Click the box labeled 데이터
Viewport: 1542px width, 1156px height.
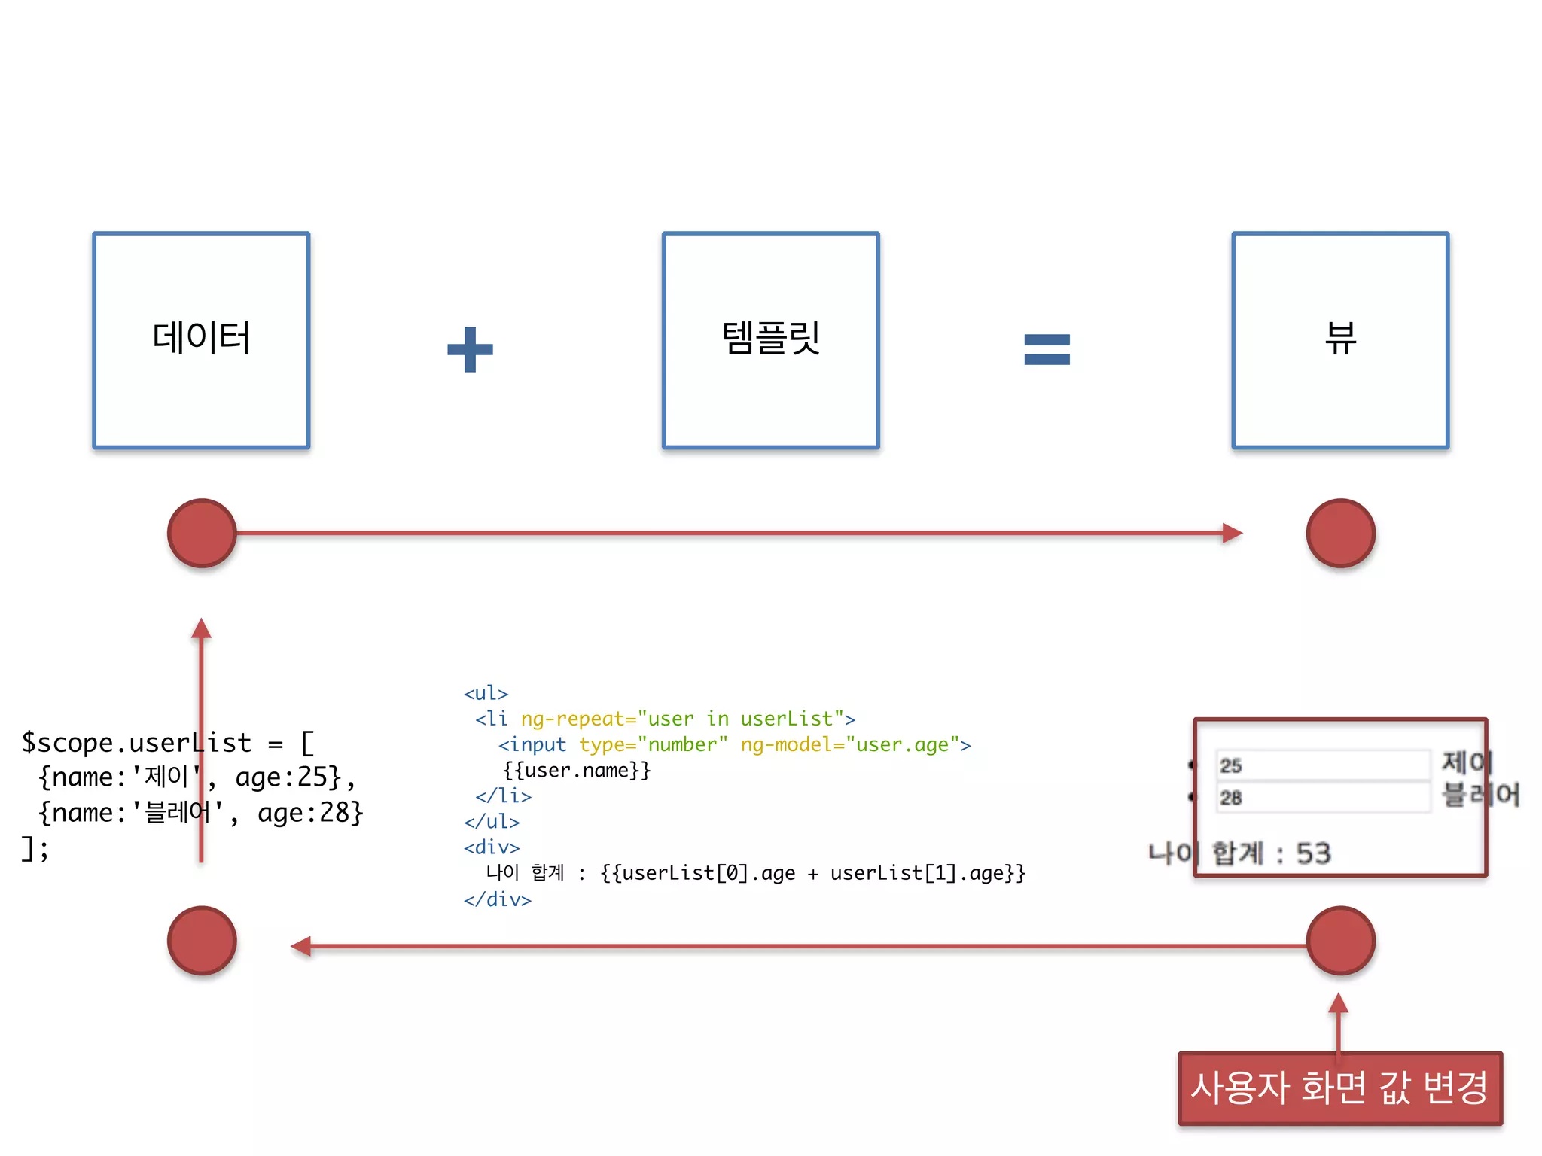[201, 340]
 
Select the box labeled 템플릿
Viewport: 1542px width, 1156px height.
[770, 340]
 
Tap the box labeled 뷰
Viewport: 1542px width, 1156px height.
[1340, 340]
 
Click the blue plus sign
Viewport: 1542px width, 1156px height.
[470, 349]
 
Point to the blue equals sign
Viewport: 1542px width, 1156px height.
[1047, 349]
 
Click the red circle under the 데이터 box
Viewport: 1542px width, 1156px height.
[202, 533]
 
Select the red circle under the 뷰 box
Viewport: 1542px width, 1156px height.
[1340, 533]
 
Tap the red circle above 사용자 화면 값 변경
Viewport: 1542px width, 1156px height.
[1340, 941]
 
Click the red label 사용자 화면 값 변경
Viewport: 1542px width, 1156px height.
[1339, 1088]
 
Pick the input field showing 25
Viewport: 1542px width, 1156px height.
[1322, 765]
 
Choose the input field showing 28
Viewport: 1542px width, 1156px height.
[1322, 797]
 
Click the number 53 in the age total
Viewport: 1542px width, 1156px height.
[1313, 853]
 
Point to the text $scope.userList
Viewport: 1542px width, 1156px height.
[136, 743]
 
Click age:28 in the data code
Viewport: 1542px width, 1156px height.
[310, 813]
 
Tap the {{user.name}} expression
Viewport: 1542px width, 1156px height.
[577, 770]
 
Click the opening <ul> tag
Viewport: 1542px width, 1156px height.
[486, 693]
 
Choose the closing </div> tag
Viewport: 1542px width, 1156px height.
[498, 899]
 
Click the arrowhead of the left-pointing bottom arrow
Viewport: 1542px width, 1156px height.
[301, 946]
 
